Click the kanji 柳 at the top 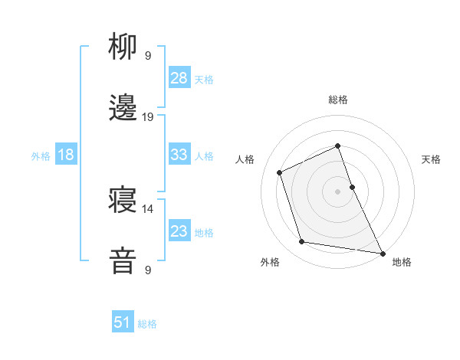point(123,48)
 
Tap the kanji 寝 point(123,201)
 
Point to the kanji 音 point(123,261)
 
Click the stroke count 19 point(148,117)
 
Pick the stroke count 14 point(148,208)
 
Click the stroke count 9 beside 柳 point(148,56)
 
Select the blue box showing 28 point(179,78)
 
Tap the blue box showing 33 point(179,155)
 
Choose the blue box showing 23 point(179,231)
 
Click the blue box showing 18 point(66,155)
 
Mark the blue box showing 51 point(123,322)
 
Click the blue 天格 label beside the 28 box point(204,79)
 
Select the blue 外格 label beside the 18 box point(41,155)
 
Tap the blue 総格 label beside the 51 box point(147,323)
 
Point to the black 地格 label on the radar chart point(402,262)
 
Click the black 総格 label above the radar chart point(338,100)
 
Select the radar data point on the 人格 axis point(280,172)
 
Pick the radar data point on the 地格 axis point(381,253)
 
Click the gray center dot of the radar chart point(338,191)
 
